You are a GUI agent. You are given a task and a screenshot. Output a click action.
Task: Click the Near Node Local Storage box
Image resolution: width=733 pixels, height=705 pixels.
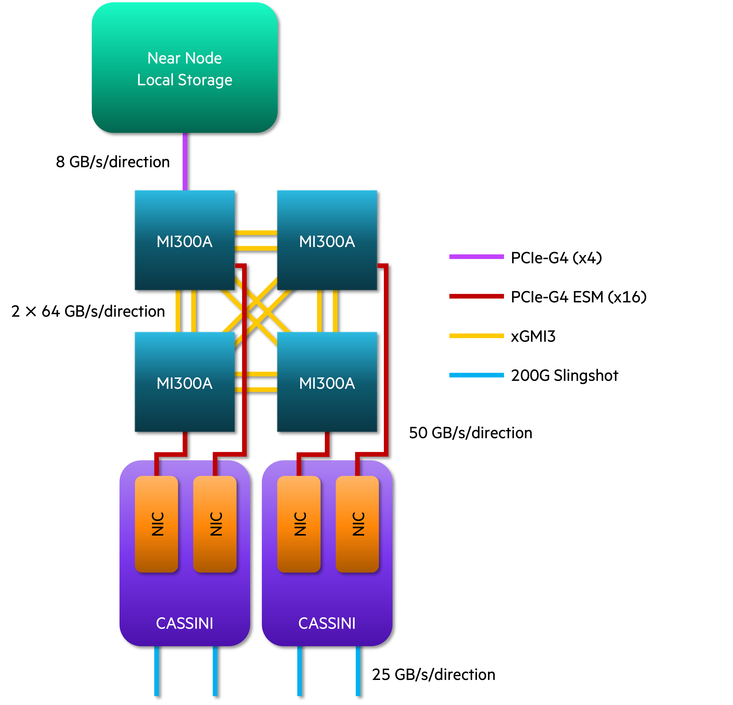click(185, 68)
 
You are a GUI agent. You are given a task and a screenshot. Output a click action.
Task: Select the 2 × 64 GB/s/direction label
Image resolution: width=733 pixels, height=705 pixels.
click(88, 311)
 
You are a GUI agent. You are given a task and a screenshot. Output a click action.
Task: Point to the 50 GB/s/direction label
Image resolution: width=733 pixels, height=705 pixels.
click(471, 433)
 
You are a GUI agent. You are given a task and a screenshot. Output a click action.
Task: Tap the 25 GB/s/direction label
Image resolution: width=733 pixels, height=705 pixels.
click(433, 674)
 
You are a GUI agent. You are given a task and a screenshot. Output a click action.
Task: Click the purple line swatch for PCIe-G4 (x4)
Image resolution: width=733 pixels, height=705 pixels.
click(476, 257)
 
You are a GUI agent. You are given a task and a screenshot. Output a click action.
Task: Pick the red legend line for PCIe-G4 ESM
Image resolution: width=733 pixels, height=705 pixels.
click(476, 296)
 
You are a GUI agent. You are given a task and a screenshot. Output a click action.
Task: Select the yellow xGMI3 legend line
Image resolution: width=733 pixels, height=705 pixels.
click(476, 336)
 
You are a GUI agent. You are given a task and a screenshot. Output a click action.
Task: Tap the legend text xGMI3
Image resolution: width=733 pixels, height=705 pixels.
click(533, 336)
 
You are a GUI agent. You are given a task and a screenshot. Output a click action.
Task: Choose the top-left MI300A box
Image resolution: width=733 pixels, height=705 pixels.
click(185, 240)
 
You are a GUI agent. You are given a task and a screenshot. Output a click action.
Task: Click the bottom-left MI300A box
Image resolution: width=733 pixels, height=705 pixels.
click(185, 382)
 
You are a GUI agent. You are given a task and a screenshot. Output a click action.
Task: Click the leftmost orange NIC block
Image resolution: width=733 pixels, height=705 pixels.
click(156, 524)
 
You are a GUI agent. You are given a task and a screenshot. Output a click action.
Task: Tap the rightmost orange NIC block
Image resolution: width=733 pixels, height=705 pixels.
click(357, 524)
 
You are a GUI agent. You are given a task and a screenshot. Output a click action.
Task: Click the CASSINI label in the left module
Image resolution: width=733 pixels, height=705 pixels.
click(185, 623)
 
